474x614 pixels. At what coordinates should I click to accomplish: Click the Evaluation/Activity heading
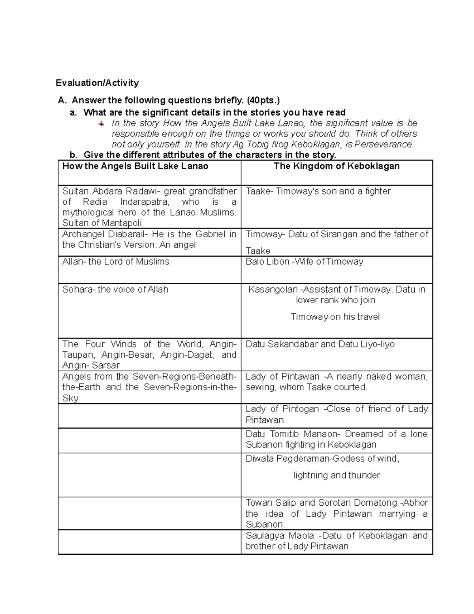pos(97,83)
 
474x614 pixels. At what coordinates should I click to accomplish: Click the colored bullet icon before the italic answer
pos(102,123)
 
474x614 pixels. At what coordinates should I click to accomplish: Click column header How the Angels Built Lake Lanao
pos(135,166)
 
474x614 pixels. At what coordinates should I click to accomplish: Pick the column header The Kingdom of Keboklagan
pos(337,166)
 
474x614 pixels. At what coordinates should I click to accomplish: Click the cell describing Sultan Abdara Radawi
pos(149,207)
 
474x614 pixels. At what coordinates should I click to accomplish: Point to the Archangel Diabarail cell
pos(149,240)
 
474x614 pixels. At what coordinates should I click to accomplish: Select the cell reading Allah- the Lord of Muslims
pos(116,262)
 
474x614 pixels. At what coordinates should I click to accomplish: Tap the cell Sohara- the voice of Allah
pos(115,289)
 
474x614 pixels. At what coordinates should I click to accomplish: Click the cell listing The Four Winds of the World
pos(149,355)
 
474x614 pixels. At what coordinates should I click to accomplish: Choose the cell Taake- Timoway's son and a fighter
pos(318,191)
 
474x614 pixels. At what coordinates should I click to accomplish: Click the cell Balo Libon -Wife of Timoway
pos(304,262)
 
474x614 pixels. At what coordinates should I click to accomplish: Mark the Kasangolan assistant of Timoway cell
pos(337,303)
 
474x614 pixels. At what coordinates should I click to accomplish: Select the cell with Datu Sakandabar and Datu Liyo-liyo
pos(320,344)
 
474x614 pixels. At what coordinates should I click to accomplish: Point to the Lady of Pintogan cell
pos(337,414)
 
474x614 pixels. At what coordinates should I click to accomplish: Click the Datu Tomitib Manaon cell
pos(337,439)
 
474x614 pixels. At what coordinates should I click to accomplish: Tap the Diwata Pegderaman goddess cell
pos(337,467)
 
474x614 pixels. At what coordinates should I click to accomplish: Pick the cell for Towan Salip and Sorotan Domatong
pos(337,514)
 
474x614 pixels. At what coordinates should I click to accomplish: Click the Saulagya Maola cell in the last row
pos(337,541)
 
